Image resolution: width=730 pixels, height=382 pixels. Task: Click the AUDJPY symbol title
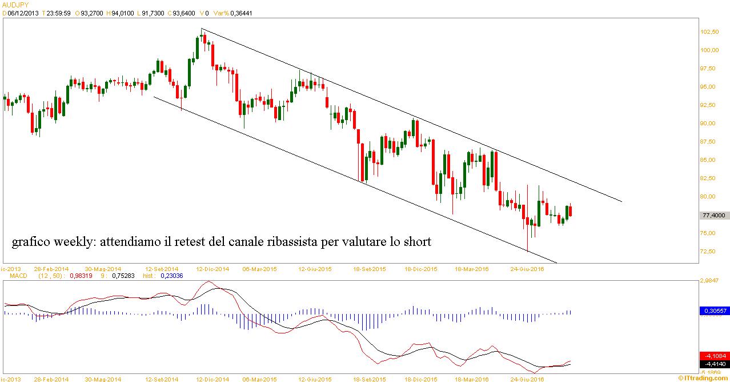tap(15, 5)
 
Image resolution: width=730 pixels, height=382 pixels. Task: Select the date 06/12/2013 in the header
tap(23, 14)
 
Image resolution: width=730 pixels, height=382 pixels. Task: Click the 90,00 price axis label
tap(709, 124)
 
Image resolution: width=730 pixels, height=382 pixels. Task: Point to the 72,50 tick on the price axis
tap(709, 252)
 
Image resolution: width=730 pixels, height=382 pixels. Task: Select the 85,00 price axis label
tap(709, 160)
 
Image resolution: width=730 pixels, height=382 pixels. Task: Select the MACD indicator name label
tap(17, 276)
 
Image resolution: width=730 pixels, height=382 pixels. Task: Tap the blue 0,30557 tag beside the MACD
tap(714, 311)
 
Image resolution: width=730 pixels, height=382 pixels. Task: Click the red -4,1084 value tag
tap(714, 355)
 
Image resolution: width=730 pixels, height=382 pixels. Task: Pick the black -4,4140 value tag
tap(714, 363)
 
